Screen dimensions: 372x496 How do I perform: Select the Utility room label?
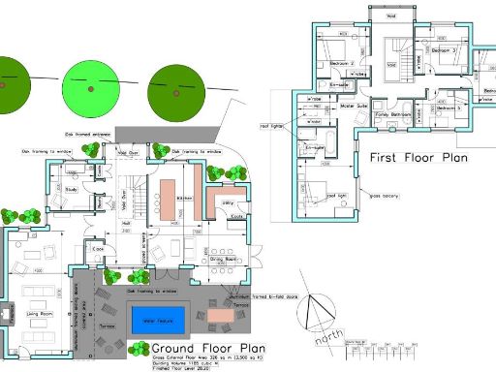click(231, 202)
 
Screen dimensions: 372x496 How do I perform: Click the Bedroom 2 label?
click(341, 63)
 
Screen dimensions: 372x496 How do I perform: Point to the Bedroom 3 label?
click(443, 49)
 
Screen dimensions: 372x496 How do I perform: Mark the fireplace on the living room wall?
click(8, 314)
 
